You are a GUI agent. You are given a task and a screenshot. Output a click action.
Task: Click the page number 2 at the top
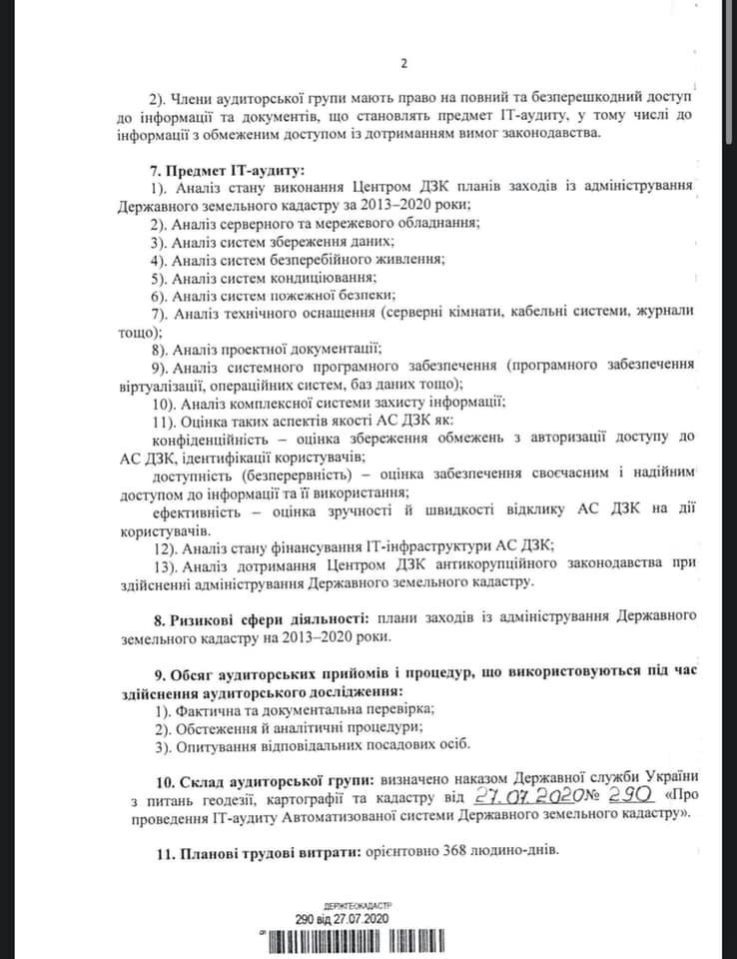[403, 65]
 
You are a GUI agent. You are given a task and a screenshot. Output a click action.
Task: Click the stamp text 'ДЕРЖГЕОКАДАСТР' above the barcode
[345, 903]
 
